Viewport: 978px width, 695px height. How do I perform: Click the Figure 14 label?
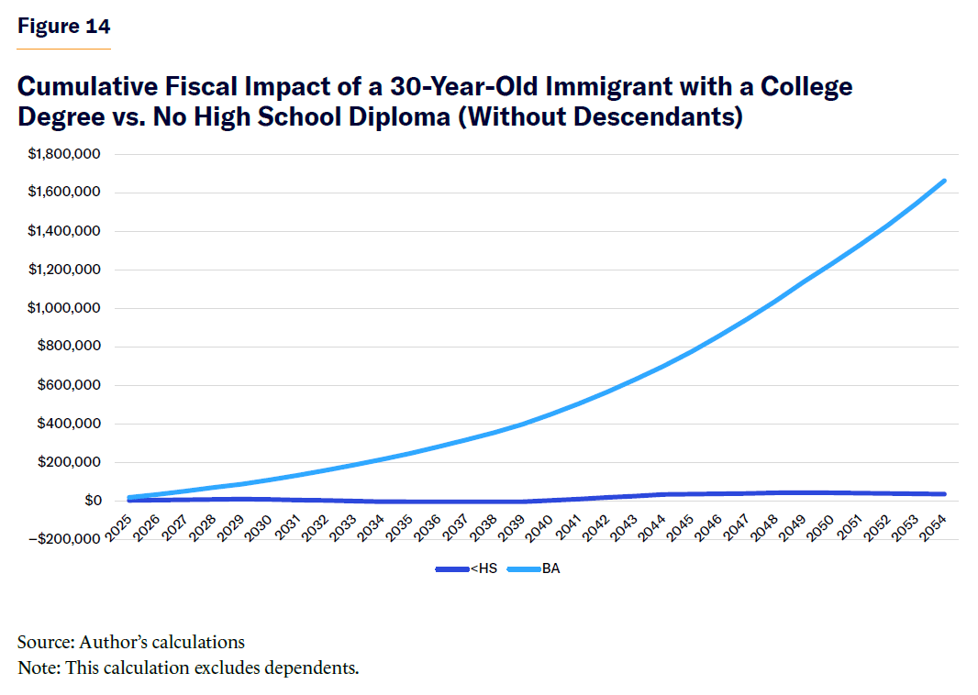(63, 26)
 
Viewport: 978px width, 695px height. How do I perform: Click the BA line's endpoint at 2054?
(944, 181)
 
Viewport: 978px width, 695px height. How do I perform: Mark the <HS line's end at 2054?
(944, 494)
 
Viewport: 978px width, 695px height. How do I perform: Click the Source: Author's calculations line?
(131, 642)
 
